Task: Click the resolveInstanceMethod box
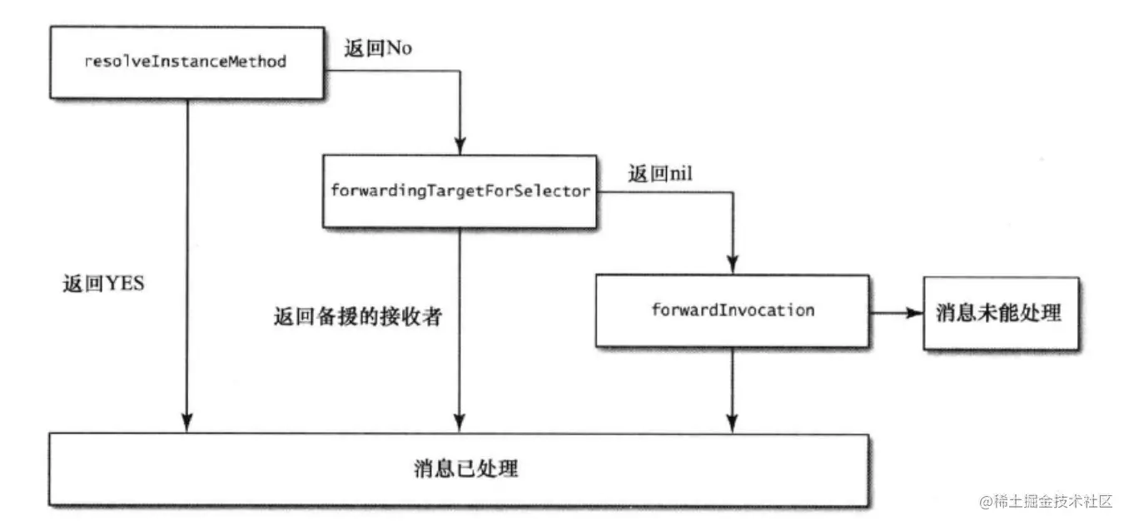(x=186, y=62)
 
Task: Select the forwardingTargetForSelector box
(x=460, y=191)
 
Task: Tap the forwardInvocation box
(x=732, y=310)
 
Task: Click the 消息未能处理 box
(x=999, y=313)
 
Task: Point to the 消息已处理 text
(x=466, y=469)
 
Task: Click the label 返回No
(x=378, y=48)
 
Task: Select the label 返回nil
(x=660, y=175)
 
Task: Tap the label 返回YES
(x=104, y=285)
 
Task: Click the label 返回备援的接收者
(x=356, y=317)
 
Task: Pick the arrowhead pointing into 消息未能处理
(x=914, y=313)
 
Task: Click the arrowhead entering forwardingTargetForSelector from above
(x=460, y=146)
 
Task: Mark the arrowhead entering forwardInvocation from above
(x=732, y=266)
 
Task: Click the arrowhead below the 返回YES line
(x=187, y=424)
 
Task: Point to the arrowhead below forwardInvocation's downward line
(x=732, y=424)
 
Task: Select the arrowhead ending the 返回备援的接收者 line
(x=460, y=424)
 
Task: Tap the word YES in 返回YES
(x=126, y=285)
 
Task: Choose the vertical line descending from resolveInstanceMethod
(x=187, y=250)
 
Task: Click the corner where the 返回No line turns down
(x=460, y=72)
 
